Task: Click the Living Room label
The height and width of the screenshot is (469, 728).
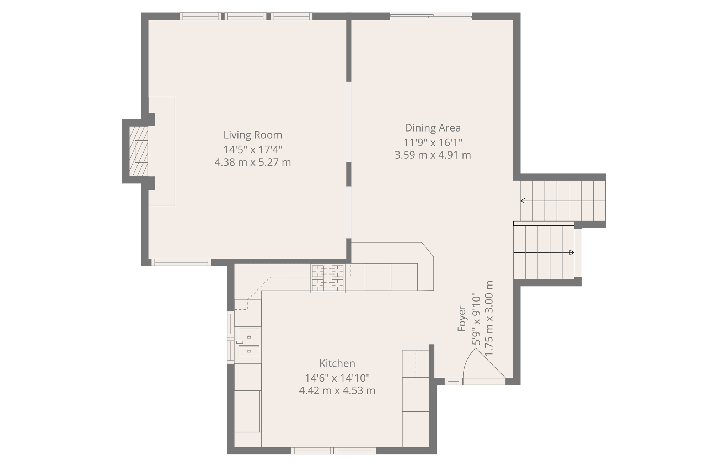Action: point(253,135)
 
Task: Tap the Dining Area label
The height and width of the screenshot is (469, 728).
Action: point(433,128)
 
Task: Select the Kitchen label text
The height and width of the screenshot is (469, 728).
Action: point(337,363)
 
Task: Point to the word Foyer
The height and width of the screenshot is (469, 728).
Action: point(462,319)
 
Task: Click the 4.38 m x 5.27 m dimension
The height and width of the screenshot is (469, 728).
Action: point(253,162)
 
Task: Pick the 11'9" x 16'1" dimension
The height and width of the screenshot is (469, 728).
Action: point(433,143)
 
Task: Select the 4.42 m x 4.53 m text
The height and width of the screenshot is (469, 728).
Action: point(337,391)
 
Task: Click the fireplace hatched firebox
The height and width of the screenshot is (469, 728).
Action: point(139,151)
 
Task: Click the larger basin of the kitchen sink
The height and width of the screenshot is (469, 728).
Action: point(249,337)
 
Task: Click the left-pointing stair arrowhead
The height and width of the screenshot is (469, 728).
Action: point(523,201)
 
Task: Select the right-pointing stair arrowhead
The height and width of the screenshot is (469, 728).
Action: point(572,252)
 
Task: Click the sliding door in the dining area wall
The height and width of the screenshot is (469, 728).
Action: point(431,16)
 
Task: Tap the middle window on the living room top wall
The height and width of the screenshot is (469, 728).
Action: point(245,16)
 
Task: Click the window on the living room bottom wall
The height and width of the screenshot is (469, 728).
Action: point(181,262)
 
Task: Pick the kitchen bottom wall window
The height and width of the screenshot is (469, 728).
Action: point(333,451)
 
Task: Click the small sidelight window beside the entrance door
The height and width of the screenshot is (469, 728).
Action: point(453,382)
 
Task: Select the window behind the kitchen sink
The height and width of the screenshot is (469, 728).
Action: point(231,337)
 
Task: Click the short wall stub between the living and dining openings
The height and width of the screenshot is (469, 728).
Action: point(349,174)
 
